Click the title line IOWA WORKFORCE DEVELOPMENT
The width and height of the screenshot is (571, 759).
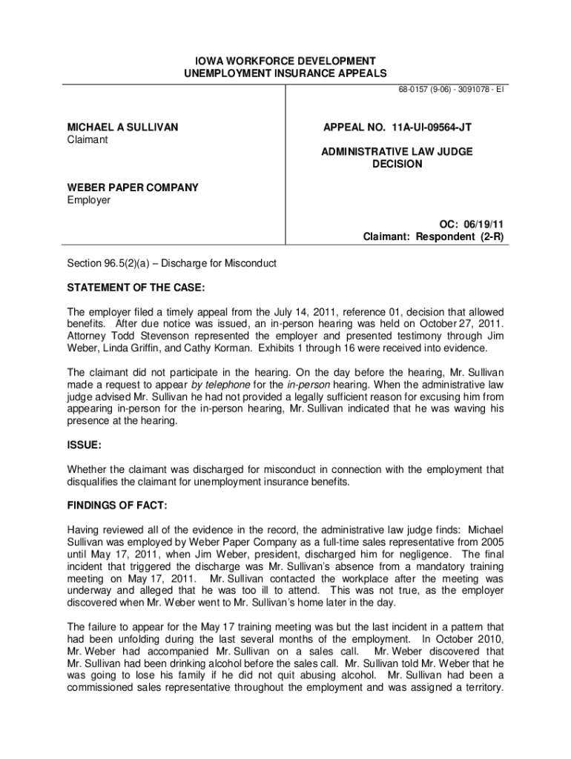(x=285, y=60)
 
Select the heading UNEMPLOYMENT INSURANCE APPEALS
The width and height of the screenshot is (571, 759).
(x=285, y=73)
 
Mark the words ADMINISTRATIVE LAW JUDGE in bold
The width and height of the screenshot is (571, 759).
(x=397, y=151)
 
